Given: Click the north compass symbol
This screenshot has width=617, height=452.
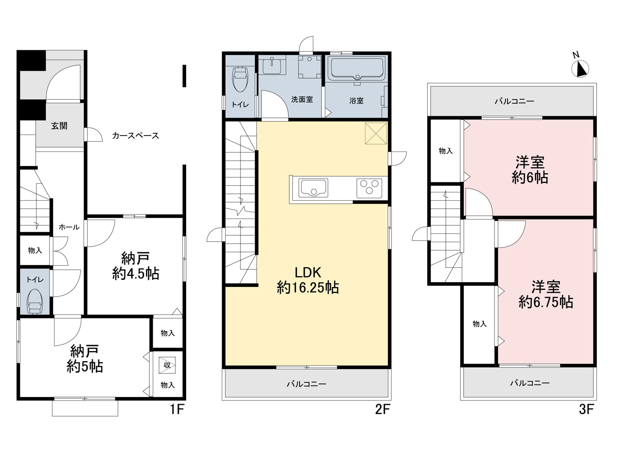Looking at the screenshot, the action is pos(581,68).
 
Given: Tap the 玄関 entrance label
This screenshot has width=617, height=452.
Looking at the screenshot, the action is pos(59,126).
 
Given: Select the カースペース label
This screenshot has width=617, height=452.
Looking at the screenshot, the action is pos(135,136).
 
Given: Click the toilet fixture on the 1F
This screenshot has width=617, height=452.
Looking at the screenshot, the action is pos(34,301).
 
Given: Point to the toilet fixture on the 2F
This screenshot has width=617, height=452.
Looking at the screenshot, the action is pos(240,80).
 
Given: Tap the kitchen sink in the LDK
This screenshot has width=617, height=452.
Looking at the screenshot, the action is pos(313,188).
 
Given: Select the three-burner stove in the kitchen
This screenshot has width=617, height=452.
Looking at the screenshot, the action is pos(369,188).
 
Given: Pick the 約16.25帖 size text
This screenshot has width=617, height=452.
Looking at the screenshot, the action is pos(308,288).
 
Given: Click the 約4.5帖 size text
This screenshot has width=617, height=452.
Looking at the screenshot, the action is pos(135,274).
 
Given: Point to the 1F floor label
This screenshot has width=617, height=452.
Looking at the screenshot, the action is pos(177,409).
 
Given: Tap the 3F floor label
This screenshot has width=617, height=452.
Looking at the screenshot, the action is pos(586,409).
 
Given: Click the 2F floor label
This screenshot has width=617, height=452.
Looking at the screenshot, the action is pos(383,409).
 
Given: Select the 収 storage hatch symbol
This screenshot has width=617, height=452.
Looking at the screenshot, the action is pos(167,365).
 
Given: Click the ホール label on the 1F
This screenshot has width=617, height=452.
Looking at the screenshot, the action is pos(69,227).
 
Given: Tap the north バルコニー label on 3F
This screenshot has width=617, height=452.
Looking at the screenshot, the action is pos(514,101).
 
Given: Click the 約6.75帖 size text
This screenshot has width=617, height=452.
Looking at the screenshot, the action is pos(546,302).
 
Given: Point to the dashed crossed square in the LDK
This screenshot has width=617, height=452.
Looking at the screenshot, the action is pos(376,134).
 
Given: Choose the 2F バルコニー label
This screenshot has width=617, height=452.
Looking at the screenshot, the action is pos(307,384).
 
